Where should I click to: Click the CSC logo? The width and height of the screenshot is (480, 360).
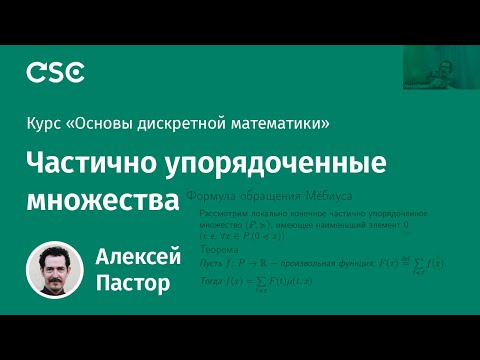coord(55,72)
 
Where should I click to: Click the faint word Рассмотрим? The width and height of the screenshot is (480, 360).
coord(220,214)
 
